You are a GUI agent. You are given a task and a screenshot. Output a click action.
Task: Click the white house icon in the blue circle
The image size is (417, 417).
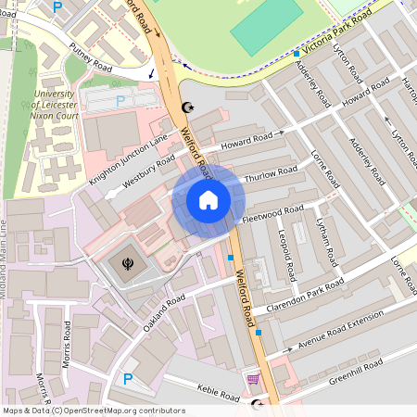(x=208, y=199)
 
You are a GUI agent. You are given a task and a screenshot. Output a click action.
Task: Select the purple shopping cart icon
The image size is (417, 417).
(x=252, y=379)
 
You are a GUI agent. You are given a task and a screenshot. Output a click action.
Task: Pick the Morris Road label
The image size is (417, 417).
(x=67, y=345)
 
